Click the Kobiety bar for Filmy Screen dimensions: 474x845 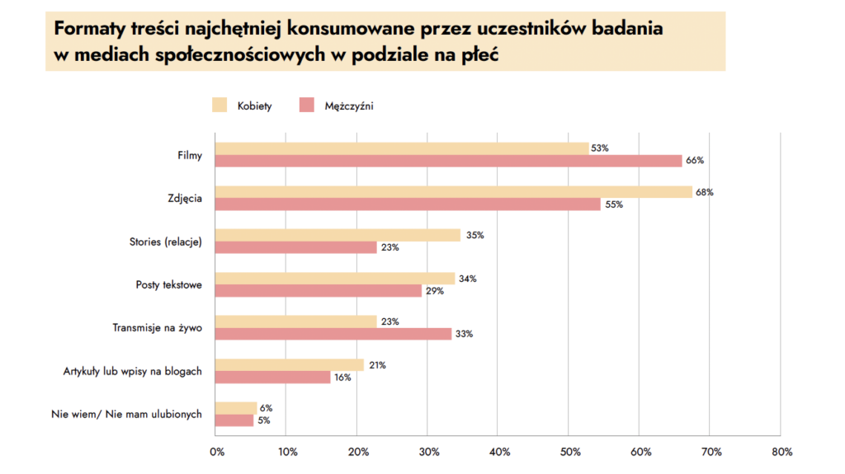pos(402,148)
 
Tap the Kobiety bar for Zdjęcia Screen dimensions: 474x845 pos(454,192)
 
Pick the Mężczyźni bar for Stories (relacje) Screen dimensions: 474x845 pos(296,247)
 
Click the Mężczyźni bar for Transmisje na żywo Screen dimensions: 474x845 pos(333,334)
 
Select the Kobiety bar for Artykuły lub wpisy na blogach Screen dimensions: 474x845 pos(290,364)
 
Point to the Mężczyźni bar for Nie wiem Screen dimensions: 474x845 pos(234,420)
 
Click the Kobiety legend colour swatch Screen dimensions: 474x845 pos(220,105)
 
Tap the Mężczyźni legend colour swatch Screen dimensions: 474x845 pos(307,105)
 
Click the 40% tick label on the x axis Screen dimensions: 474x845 pos(499,452)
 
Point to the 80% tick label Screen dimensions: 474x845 pos(781,452)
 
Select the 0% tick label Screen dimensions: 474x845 pos(216,452)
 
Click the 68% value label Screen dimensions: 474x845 pos(704,192)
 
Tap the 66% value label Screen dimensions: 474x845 pos(694,161)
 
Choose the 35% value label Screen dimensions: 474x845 pos(474,235)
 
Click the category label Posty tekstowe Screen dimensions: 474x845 pos(169,284)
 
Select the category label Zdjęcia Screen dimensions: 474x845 pos(185,198)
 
